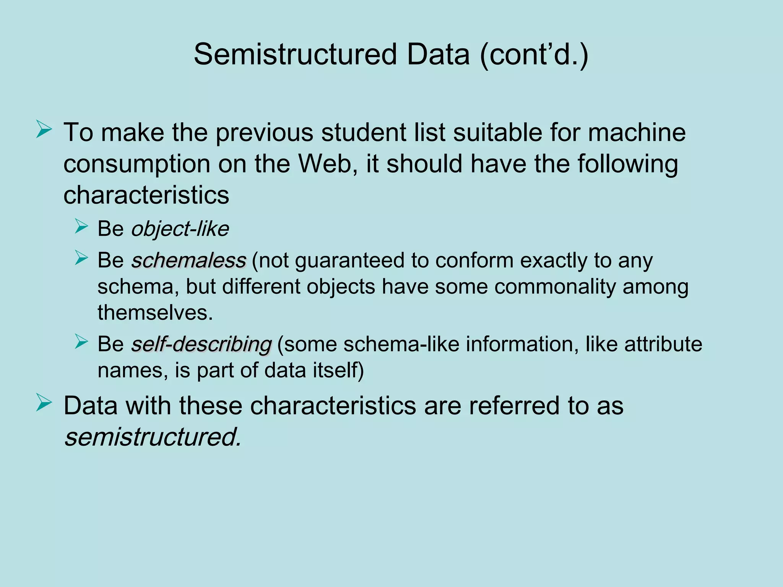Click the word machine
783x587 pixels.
tap(637, 133)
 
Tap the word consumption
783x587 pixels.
tap(136, 164)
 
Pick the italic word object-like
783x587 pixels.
tap(180, 229)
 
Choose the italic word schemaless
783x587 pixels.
tap(188, 261)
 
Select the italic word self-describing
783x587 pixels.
tap(201, 344)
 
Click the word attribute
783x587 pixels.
tap(663, 344)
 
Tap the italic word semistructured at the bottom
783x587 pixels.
tap(153, 437)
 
